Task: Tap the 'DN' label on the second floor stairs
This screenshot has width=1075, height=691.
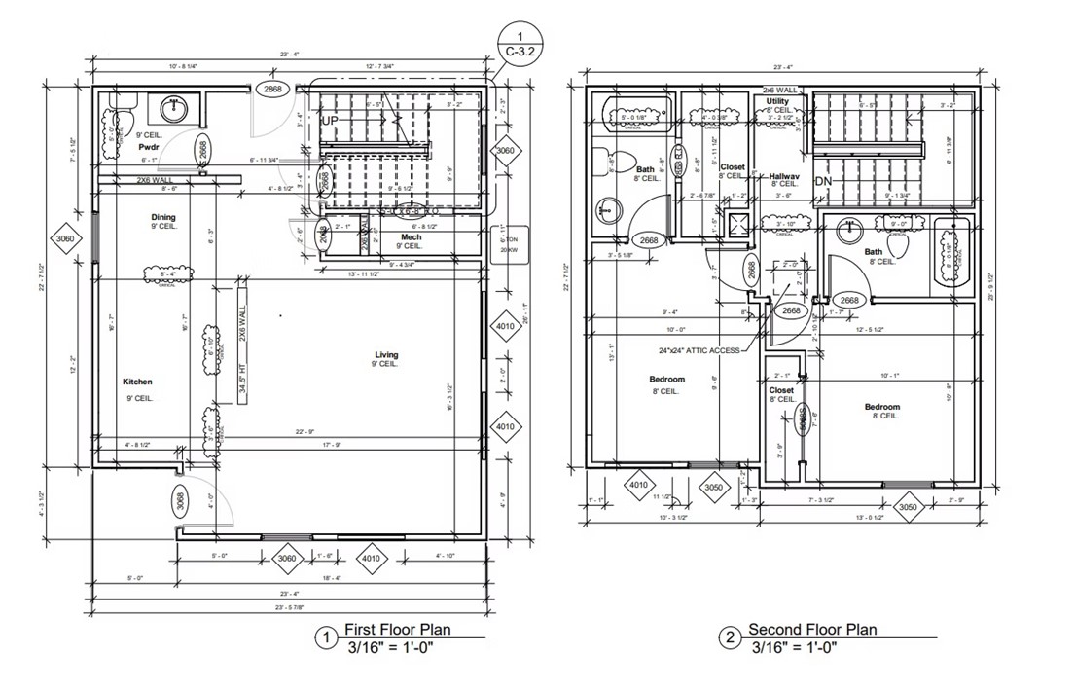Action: [823, 180]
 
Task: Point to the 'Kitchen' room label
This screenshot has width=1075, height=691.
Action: [137, 382]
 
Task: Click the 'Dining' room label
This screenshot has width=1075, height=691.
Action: [162, 216]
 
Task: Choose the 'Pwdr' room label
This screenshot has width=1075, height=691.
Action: [149, 147]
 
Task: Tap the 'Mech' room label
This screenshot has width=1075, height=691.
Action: [410, 236]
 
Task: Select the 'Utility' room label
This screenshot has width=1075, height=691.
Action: [777, 101]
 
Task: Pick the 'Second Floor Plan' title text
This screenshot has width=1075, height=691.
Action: [812, 630]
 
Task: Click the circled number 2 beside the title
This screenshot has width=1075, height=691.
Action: [729, 637]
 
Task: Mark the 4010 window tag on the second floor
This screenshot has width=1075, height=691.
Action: [638, 484]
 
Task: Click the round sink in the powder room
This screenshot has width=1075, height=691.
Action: [176, 107]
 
